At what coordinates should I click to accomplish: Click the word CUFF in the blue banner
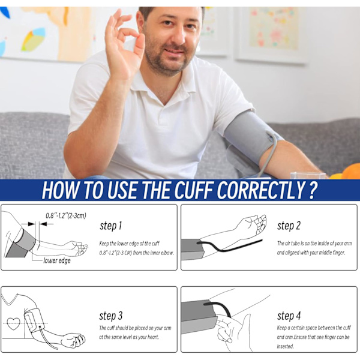coord(193,190)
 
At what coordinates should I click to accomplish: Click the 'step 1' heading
coord(110,226)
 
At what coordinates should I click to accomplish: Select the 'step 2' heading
coord(289,226)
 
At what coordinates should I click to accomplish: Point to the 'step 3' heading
coord(111,316)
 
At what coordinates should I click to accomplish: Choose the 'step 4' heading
coord(289,316)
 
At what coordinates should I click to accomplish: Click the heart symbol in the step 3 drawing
coord(13,323)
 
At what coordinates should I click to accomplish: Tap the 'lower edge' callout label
coord(57,261)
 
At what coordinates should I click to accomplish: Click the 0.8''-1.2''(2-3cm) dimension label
coord(66,215)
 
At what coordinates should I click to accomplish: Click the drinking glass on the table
coord(308,175)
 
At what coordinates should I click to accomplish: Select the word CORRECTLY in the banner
coord(261,190)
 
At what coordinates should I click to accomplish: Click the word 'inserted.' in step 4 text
coord(285,346)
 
